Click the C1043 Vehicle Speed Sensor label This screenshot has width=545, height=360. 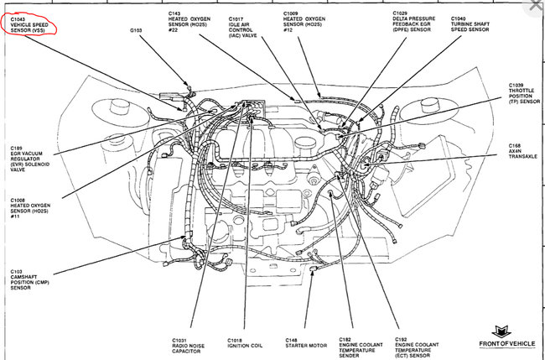[x=31, y=26]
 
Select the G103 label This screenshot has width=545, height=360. [x=137, y=30]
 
